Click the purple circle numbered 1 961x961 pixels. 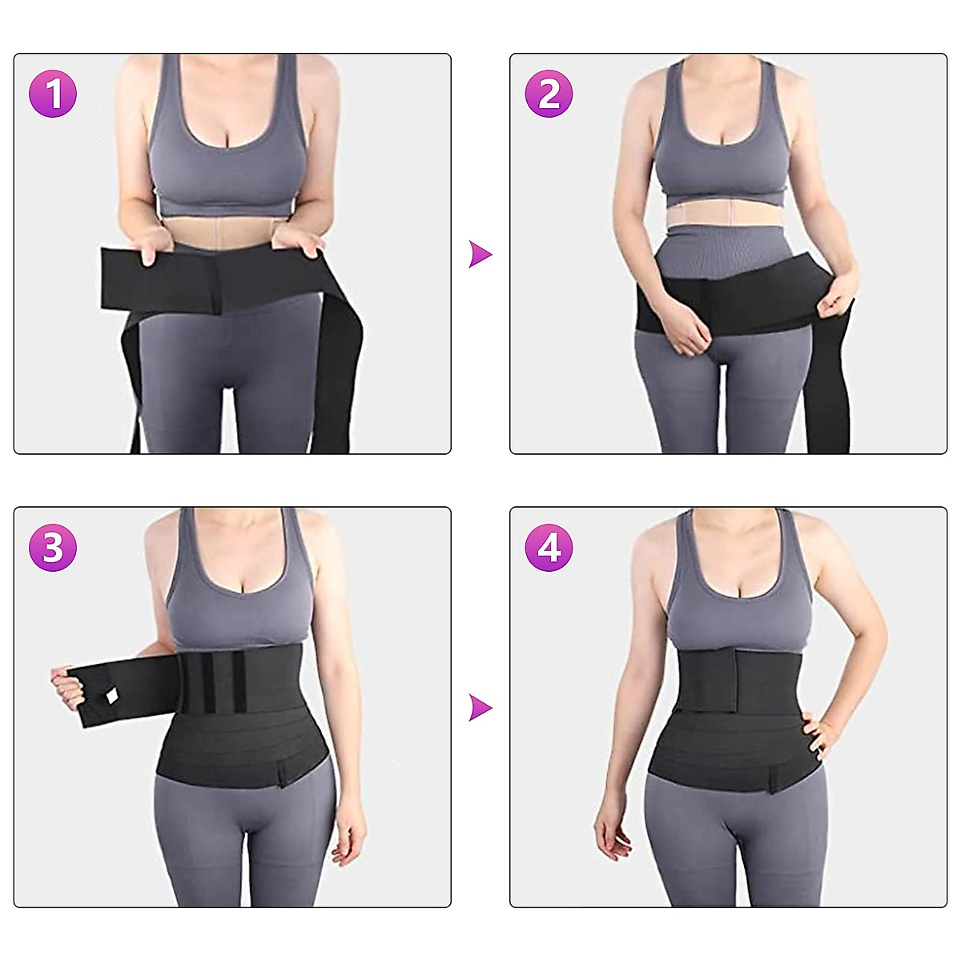(53, 94)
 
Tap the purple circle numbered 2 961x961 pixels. (549, 94)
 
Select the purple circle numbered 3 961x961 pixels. (53, 548)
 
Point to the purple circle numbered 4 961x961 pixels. (549, 548)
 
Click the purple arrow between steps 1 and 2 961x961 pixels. (480, 255)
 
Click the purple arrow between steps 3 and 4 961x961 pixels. (480, 708)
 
